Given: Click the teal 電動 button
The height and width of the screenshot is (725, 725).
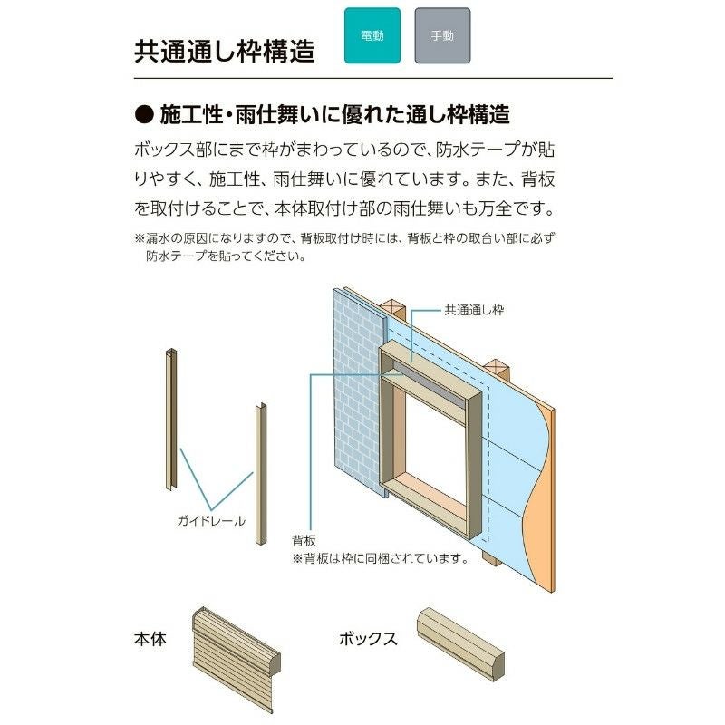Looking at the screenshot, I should (x=372, y=36).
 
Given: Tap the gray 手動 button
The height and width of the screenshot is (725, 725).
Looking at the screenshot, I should (x=442, y=36).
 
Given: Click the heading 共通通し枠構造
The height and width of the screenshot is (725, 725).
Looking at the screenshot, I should (x=224, y=51).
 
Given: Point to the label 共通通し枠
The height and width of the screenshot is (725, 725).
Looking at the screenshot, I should (x=473, y=310).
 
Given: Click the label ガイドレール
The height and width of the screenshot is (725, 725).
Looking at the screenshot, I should (x=211, y=520).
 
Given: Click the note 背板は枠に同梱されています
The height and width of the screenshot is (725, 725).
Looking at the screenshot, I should (x=380, y=559).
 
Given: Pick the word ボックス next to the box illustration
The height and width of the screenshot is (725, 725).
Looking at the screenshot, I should (x=368, y=639).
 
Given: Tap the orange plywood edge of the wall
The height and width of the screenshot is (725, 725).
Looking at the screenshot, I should (x=540, y=507).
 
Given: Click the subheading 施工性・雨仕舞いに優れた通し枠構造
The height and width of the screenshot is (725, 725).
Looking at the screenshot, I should (x=335, y=115).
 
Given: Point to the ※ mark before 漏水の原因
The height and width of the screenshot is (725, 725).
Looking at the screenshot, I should (x=139, y=239).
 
